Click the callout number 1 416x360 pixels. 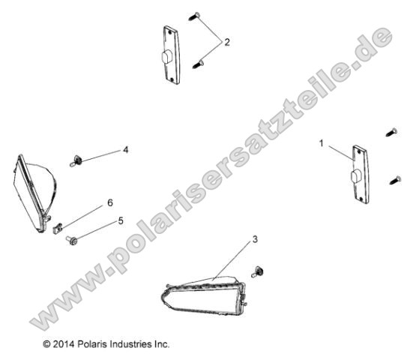pyautogui.click(x=323, y=142)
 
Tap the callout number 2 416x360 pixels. pyautogui.click(x=228, y=43)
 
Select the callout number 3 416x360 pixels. pyautogui.click(x=255, y=240)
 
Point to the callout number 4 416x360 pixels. pyautogui.click(x=126, y=150)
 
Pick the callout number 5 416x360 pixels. pyautogui.click(x=119, y=221)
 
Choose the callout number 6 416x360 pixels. pyautogui.click(x=109, y=202)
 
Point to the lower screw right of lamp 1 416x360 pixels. pyautogui.click(x=393, y=179)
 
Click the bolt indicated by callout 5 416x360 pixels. pyautogui.click(x=70, y=240)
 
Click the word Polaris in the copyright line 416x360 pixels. pyautogui.click(x=92, y=345)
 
